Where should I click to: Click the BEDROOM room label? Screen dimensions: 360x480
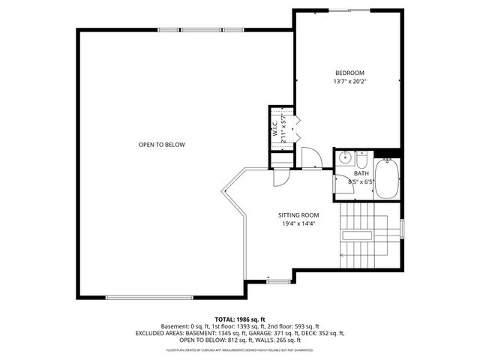tap(349, 73)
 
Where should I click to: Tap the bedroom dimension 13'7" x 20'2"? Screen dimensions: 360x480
tap(349, 82)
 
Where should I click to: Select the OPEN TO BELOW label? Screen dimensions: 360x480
tap(161, 145)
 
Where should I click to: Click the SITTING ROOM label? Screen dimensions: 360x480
tap(299, 214)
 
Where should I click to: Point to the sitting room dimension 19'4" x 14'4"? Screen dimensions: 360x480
tap(299, 223)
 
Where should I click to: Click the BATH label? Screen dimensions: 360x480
tap(361, 173)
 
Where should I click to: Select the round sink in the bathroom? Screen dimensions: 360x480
tap(346, 159)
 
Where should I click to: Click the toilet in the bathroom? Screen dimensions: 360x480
tap(361, 160)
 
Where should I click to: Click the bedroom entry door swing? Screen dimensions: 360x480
tap(310, 157)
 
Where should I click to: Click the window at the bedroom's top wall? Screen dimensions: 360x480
tap(350, 10)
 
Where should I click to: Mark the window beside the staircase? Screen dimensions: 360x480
tap(403, 228)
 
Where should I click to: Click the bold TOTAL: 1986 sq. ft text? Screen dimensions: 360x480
tap(240, 319)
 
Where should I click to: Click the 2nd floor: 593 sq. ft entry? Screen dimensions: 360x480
tap(294, 326)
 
